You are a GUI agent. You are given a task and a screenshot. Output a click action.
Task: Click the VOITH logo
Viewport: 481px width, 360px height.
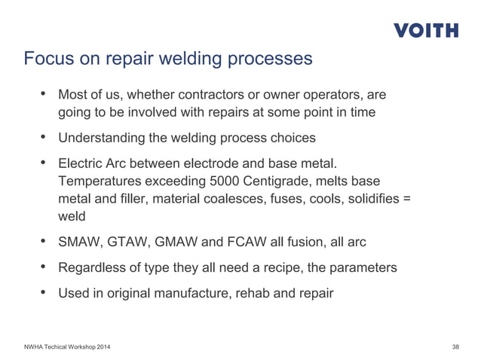click(x=425, y=31)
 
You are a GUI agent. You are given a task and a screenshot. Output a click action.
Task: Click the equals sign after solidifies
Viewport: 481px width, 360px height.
click(x=408, y=200)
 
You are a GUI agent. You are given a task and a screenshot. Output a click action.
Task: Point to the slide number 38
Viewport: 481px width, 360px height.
click(x=455, y=346)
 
